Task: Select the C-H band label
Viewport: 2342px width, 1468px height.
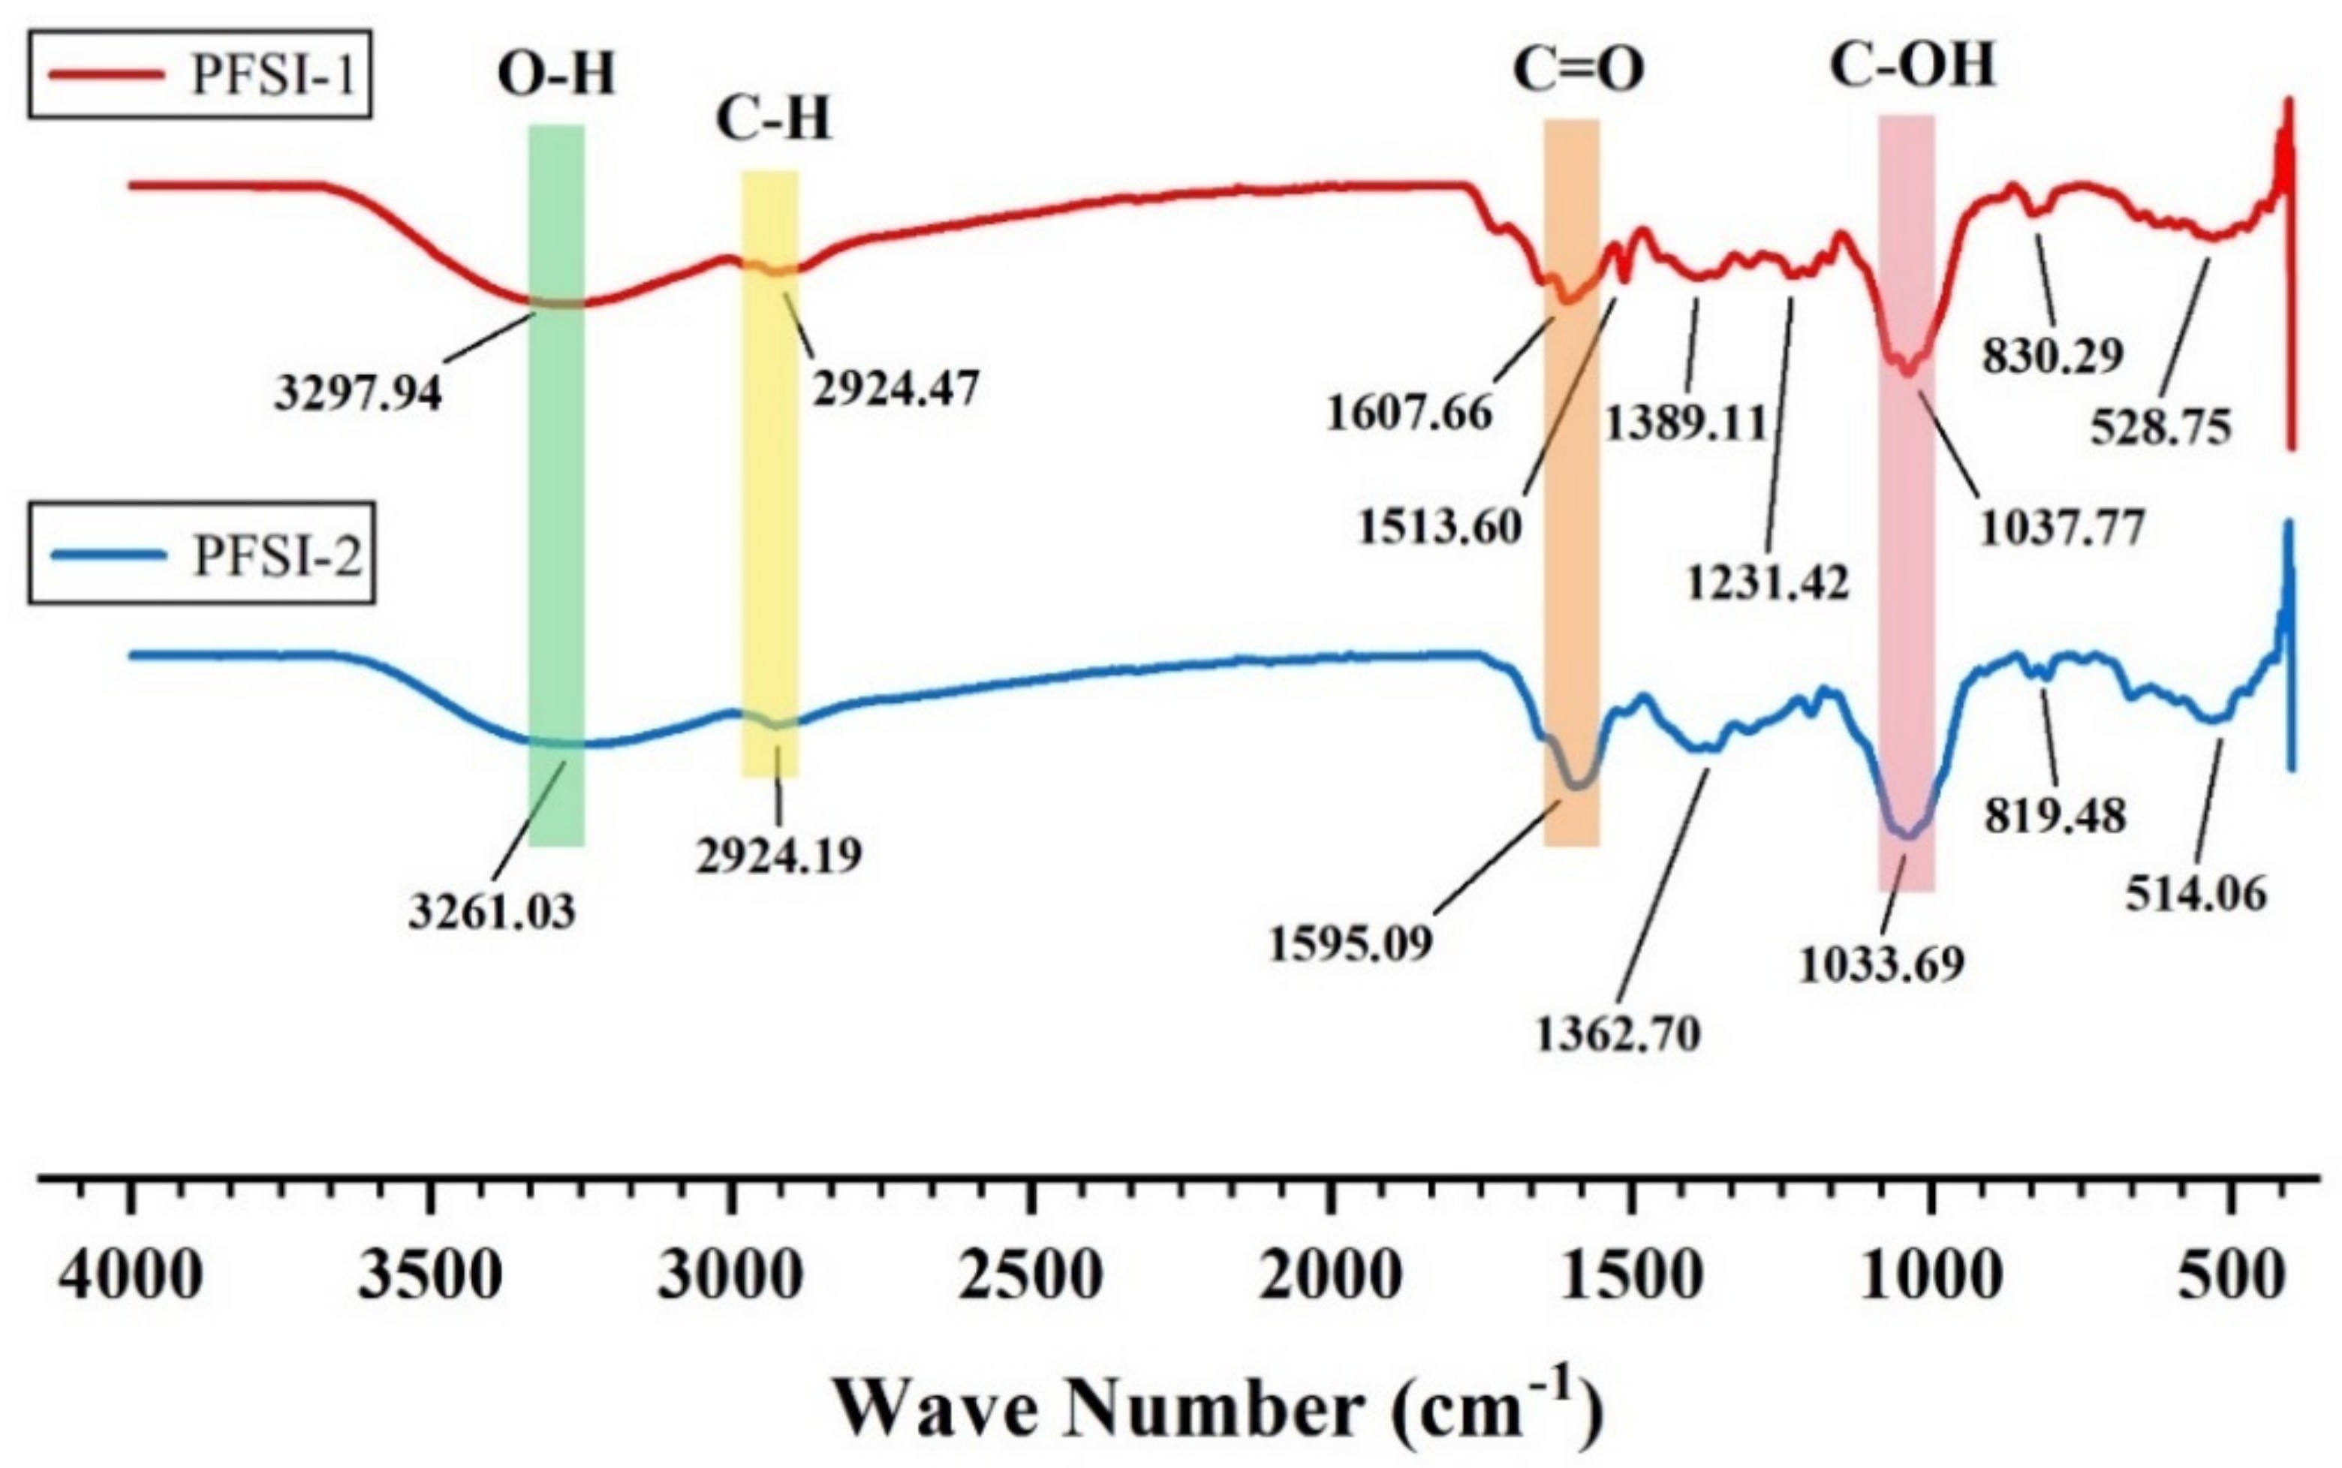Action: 773,120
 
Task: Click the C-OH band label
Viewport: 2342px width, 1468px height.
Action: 1912,66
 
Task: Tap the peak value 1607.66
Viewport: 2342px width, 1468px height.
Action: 1409,414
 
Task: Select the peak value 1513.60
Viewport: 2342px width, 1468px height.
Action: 1439,527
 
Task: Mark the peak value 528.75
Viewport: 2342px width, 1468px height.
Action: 2160,426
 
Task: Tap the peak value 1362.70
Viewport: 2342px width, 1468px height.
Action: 1618,1035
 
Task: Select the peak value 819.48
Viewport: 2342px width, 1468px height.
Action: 2055,816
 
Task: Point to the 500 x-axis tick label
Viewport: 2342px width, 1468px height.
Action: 2229,1276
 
